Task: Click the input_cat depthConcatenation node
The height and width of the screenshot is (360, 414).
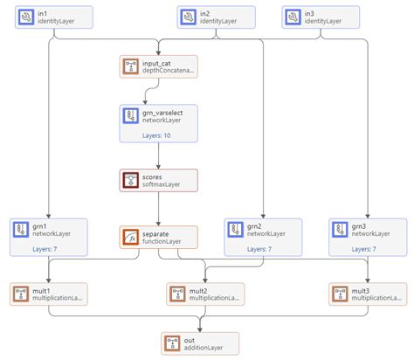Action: (159, 66)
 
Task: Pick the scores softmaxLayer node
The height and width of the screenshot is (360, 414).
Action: (159, 181)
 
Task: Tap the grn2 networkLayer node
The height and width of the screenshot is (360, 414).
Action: (263, 237)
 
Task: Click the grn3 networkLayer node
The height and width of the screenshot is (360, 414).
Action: (369, 237)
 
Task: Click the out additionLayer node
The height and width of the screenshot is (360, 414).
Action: (199, 343)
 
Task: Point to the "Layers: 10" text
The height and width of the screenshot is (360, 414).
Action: (158, 135)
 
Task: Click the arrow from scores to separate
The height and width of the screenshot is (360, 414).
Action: (159, 210)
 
